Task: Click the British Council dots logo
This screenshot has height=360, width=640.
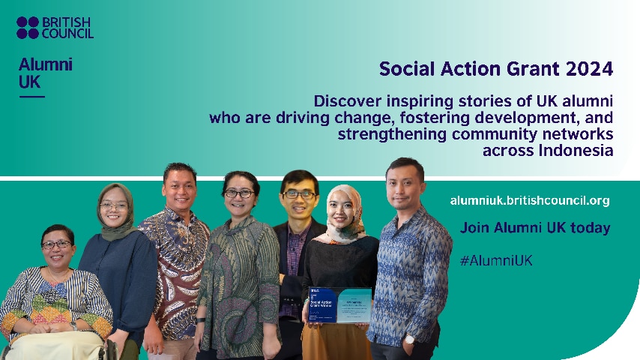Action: coord(27,28)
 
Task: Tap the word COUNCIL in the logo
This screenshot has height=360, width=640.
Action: coord(68,34)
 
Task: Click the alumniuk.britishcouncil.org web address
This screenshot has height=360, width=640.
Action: coord(530,200)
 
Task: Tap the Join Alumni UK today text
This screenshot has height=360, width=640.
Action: coord(535,227)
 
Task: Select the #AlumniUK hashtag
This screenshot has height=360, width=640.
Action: coord(496,260)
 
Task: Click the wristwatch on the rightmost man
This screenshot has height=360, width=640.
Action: coord(409,338)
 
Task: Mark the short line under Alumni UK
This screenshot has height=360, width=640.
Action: coord(31,96)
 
